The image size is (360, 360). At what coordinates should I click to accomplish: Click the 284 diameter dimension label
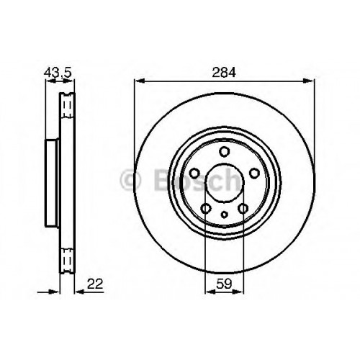pos(224,72)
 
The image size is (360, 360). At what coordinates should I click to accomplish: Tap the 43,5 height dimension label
pos(58,72)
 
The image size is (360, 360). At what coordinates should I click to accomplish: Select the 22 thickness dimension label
pos(95,284)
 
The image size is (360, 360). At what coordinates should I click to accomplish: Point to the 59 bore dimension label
pos(224,284)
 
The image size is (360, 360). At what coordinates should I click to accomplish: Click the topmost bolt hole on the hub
pos(225,152)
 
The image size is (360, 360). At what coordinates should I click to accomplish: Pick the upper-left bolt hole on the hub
pos(194,173)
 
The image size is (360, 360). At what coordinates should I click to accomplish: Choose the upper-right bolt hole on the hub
pos(254,173)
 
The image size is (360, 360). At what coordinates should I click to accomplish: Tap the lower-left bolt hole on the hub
pos(206,208)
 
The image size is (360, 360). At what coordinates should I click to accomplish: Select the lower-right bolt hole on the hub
pos(243,208)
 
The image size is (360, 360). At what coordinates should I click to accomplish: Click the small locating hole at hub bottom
pos(225,215)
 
